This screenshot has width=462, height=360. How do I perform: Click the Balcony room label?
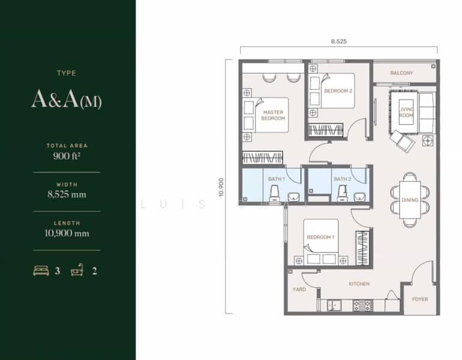401,73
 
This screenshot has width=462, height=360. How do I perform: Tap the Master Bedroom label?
273,115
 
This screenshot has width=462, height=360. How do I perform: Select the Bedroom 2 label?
338,91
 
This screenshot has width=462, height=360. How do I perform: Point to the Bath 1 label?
277,179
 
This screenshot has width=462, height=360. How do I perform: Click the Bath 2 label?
343,179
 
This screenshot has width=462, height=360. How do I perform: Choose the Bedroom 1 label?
320,237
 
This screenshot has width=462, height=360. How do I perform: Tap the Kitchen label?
359,284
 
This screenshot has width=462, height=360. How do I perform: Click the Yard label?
299,289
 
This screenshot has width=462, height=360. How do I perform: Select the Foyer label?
420,299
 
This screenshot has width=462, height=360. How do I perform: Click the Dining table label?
410,200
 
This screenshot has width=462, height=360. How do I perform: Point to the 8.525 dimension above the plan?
339,41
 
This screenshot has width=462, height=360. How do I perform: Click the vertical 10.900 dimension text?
221,187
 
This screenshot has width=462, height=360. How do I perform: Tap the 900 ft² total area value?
67,156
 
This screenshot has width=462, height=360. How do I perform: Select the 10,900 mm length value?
67,233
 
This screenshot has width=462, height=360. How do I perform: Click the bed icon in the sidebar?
41,271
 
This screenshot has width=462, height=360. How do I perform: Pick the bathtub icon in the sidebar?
77,270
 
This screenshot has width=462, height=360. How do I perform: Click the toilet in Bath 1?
275,193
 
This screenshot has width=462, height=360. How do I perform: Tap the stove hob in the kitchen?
363,305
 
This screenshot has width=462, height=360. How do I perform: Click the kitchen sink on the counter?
334,305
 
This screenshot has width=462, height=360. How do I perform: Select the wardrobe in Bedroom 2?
326,130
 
